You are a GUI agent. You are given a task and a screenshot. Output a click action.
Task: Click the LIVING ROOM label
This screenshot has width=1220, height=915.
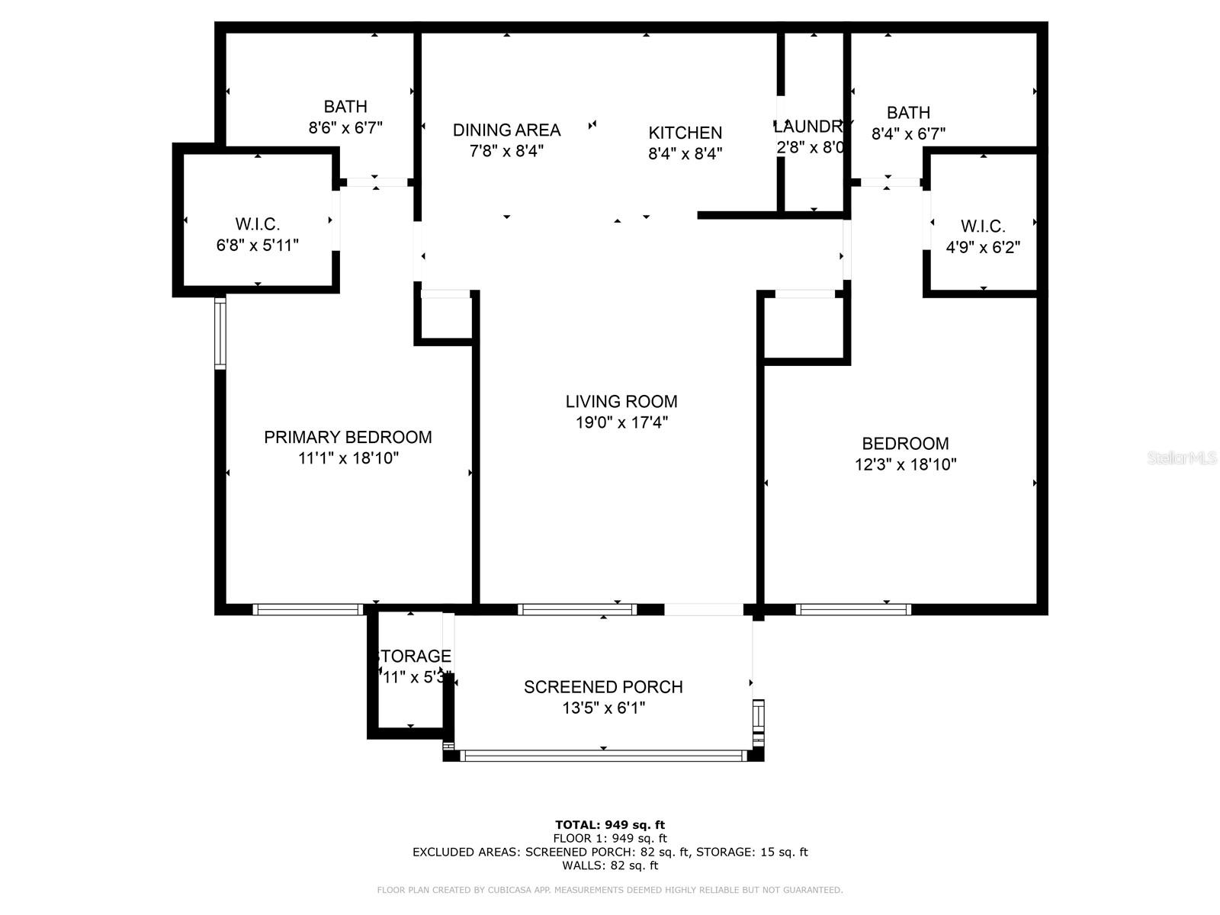point(621,401)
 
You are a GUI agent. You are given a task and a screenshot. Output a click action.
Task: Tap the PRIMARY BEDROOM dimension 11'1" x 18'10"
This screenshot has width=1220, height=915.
point(348,458)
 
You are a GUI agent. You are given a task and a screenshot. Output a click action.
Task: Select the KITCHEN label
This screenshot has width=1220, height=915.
point(685,133)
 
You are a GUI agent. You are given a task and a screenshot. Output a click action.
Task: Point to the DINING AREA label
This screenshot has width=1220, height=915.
point(506,130)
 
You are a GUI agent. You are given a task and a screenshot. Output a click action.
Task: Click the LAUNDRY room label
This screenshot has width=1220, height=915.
point(813,127)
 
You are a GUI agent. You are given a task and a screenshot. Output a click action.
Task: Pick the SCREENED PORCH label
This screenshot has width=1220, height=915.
point(603,687)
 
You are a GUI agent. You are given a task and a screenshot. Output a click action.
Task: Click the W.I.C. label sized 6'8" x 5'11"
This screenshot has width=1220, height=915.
point(258,224)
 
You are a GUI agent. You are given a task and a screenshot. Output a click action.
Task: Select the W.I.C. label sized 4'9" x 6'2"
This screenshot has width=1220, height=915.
point(983,226)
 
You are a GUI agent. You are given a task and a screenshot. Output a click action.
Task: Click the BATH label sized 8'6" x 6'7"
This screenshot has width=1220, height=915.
point(345,107)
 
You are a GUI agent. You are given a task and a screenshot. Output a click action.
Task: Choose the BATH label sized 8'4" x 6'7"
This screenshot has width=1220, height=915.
point(908,113)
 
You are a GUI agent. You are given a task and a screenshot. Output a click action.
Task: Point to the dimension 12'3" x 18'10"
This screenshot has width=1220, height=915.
point(905,464)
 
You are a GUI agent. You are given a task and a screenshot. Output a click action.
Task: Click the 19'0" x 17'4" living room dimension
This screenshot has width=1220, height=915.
point(621,422)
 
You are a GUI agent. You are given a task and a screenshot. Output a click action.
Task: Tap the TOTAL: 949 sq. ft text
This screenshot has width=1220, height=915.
point(610,824)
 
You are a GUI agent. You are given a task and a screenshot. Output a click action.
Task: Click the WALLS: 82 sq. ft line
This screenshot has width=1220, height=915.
point(610,865)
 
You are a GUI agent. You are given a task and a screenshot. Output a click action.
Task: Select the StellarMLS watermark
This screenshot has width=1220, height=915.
point(1183,458)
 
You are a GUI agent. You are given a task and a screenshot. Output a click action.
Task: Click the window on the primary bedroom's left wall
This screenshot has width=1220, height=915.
point(220,332)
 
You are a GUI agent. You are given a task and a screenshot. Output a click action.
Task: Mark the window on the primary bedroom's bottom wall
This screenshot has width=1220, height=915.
point(307,609)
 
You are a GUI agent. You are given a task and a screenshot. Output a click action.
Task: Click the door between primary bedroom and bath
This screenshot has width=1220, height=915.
point(376,182)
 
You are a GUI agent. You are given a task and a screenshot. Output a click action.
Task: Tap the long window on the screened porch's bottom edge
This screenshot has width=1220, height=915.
point(604,756)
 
